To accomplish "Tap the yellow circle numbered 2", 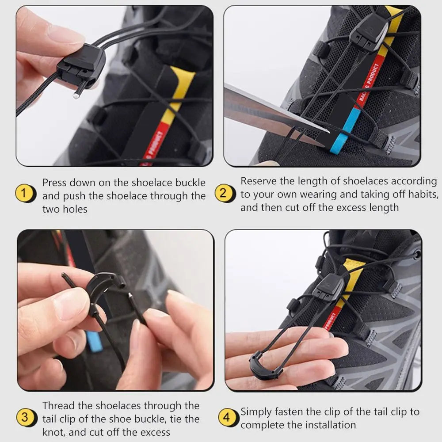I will coord(223,194).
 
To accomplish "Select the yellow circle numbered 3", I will coord(26,417).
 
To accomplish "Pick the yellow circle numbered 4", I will coord(227,417).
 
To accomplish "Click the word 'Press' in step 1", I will coord(55,183).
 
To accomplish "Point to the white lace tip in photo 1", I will coord(76,95).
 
